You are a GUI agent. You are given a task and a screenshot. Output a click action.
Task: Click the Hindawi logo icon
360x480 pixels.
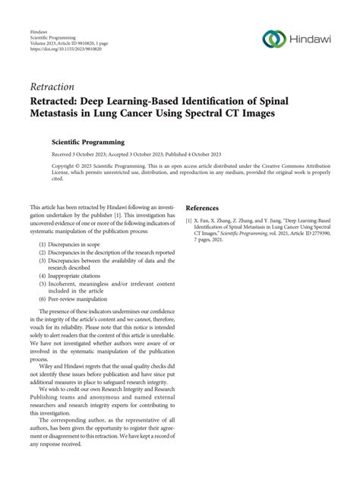tap(273, 37)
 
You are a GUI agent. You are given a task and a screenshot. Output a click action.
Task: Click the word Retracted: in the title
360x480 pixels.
tap(59, 102)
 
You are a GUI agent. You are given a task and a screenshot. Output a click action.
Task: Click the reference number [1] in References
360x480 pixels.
tap(190, 220)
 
